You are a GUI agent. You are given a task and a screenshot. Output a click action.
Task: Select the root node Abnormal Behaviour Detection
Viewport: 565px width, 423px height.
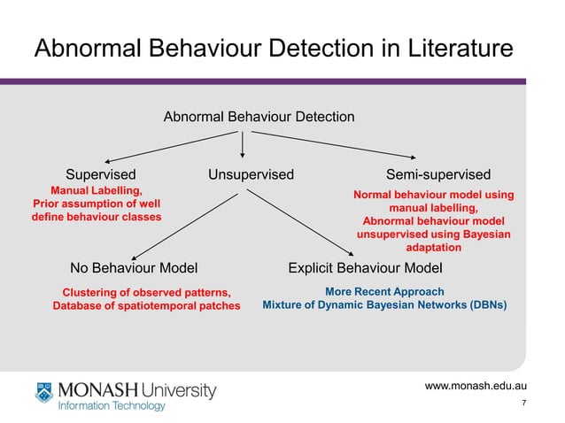point(259,117)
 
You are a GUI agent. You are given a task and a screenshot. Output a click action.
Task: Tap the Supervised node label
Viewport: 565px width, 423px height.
point(101,174)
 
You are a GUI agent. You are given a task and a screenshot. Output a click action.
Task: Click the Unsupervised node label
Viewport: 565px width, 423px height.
point(251,174)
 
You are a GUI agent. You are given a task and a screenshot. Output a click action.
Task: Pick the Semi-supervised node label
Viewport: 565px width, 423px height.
point(438,174)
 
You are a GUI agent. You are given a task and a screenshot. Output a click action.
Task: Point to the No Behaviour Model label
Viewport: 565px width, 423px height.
point(133,267)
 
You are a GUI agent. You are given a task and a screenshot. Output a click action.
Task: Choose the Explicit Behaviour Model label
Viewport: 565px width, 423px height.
point(365,267)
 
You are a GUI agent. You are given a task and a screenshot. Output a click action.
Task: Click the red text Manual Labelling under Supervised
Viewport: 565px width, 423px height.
point(96,190)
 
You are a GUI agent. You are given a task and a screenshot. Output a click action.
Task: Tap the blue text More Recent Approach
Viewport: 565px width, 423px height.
point(384,291)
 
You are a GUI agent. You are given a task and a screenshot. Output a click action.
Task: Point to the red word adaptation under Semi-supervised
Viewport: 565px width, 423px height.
point(433,248)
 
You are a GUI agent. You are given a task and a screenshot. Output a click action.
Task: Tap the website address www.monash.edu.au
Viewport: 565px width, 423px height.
point(476,385)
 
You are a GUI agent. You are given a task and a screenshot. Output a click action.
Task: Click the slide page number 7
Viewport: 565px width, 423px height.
point(525,404)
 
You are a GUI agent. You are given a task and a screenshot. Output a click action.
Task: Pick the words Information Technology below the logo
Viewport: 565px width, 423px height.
point(112,406)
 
